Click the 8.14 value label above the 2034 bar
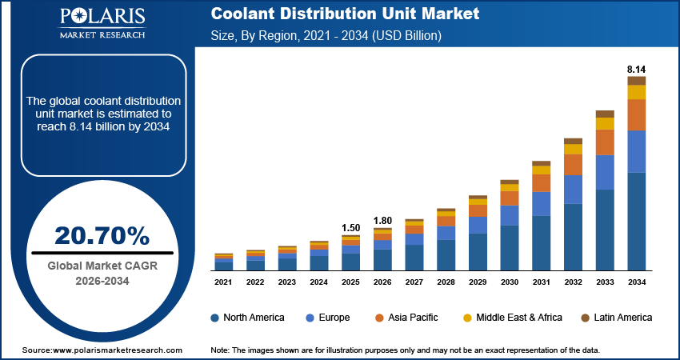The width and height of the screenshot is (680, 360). point(636,69)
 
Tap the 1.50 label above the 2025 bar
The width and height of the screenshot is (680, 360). point(350,228)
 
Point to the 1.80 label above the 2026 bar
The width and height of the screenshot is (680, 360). point(382,220)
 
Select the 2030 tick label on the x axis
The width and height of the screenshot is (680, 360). point(510,282)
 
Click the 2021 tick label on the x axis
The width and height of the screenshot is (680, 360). point(224,282)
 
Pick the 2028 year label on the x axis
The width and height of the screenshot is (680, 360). point(446,282)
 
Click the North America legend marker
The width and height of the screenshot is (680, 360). point(215,318)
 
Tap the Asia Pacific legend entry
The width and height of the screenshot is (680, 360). point(407,318)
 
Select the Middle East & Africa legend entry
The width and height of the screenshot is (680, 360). point(512,318)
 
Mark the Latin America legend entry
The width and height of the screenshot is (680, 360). point(616,318)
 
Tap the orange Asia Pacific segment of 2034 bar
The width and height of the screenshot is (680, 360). point(636,114)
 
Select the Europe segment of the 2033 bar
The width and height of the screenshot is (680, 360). point(605,172)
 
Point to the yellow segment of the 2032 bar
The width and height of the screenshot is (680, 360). point(573,149)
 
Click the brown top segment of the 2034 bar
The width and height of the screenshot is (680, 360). point(636,81)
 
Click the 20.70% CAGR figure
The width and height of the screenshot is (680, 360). point(102,235)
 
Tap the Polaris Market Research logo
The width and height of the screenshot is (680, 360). point(101,24)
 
